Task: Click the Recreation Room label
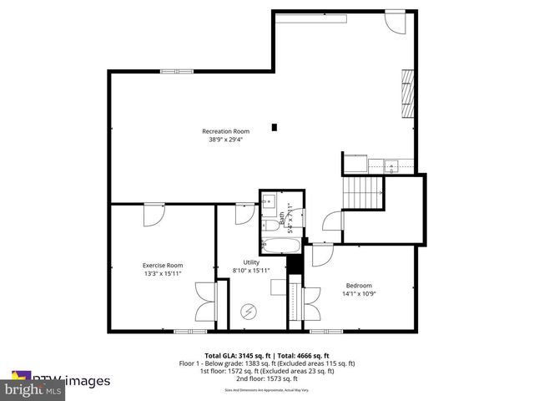[x=225, y=131]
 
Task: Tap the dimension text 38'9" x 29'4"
[x=225, y=140]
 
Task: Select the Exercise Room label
[x=162, y=265]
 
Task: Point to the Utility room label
[x=251, y=261]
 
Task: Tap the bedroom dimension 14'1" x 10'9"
[x=358, y=294]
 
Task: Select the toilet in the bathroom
[x=270, y=226]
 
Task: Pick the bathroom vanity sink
[x=270, y=201]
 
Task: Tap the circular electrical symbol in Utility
[x=248, y=312]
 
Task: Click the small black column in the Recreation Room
[x=274, y=128]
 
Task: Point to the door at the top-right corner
[x=395, y=21]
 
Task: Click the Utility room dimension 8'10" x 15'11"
[x=251, y=270]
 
